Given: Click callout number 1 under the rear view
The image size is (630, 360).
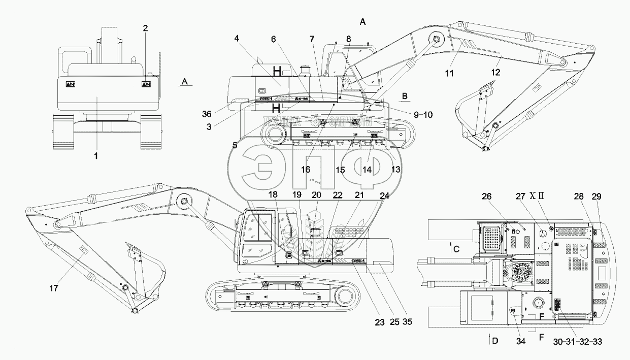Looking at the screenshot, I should point(96,156).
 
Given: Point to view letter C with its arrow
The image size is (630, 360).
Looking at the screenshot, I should point(456,248).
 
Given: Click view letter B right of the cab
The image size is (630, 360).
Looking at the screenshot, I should point(405,95).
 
